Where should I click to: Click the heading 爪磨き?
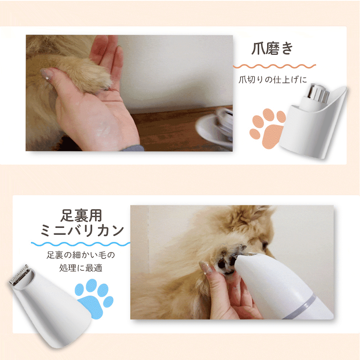tap(272, 48)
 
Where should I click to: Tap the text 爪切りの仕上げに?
tap(273, 80)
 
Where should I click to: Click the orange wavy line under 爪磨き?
tap(275, 66)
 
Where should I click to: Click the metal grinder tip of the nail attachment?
tap(318, 93)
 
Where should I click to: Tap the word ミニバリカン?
tap(82, 231)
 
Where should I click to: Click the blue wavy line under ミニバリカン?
tap(80, 244)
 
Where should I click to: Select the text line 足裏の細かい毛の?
tap(81, 255)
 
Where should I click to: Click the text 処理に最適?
tap(81, 268)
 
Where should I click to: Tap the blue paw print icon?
tap(94, 299)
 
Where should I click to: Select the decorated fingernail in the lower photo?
tap(206, 268)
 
